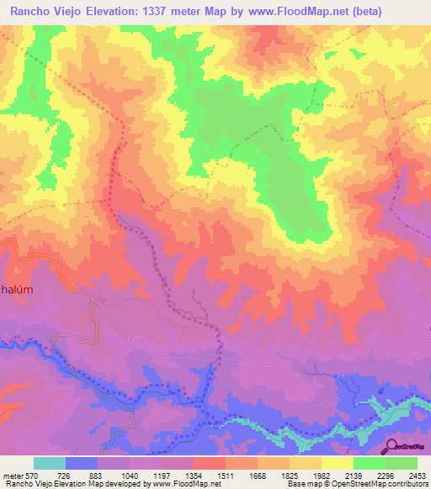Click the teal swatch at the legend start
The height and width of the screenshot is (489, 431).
pos(50,463)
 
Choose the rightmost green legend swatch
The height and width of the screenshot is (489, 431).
pos(401,463)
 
